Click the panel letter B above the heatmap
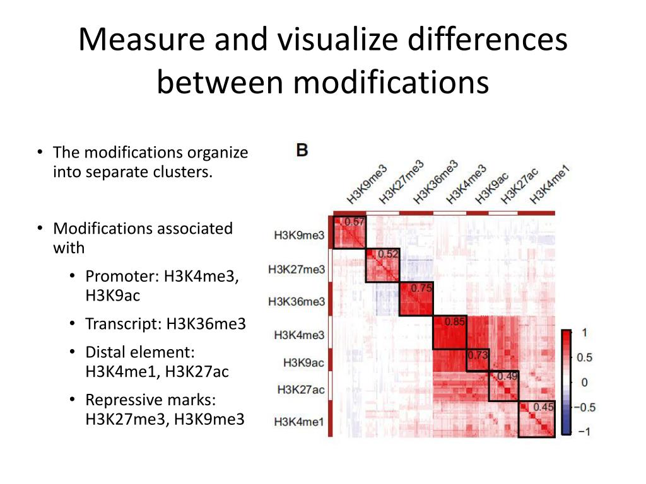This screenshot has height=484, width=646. (x=302, y=151)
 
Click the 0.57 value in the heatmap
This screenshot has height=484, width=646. (x=355, y=222)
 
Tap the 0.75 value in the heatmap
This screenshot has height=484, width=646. (x=421, y=288)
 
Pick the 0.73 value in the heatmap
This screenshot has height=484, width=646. (x=478, y=355)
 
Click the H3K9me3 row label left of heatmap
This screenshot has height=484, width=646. (x=299, y=236)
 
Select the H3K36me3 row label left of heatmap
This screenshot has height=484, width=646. (x=297, y=302)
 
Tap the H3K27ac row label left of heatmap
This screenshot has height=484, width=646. (x=301, y=390)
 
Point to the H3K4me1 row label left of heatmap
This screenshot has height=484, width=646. (x=299, y=422)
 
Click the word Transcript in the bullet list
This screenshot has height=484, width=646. (x=124, y=324)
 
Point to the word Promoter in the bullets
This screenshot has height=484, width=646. (x=122, y=276)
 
